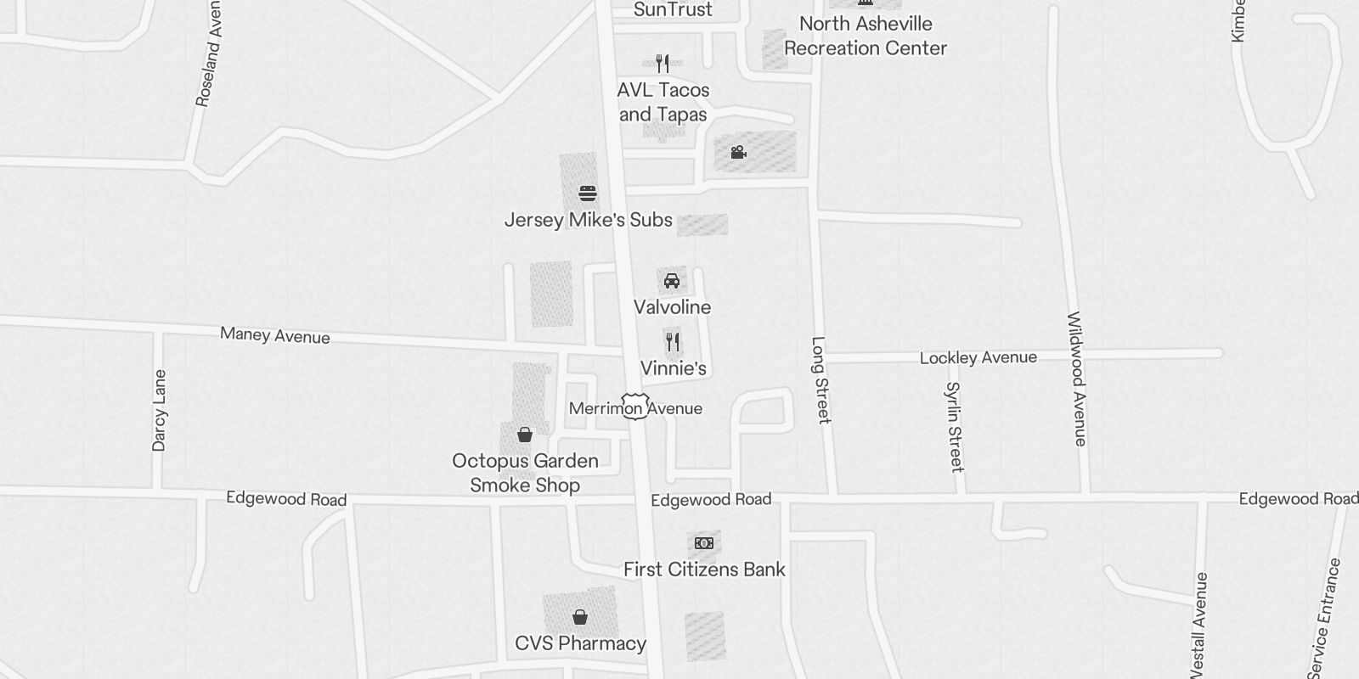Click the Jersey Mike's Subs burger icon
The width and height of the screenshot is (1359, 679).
pyautogui.click(x=587, y=194)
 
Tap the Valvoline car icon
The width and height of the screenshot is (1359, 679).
pyautogui.click(x=672, y=281)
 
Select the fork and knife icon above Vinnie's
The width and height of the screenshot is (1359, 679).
pyautogui.click(x=673, y=342)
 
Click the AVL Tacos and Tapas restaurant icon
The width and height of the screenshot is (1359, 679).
pyautogui.click(x=663, y=64)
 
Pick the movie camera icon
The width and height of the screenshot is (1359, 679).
pyautogui.click(x=738, y=153)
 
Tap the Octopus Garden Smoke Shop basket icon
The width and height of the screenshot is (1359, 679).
pyautogui.click(x=525, y=435)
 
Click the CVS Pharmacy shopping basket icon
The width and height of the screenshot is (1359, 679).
pyautogui.click(x=580, y=617)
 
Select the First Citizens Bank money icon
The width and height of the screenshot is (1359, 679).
pyautogui.click(x=704, y=543)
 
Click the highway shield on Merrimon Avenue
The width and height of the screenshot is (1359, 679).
pyautogui.click(x=635, y=406)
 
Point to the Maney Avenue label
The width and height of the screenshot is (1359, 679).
pyautogui.click(x=275, y=335)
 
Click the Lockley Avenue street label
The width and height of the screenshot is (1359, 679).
pyautogui.click(x=978, y=357)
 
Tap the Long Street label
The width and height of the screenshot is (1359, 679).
pyautogui.click(x=820, y=379)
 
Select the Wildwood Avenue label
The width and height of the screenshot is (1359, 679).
pyautogui.click(x=1076, y=379)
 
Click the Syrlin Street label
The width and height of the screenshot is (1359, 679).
pyautogui.click(x=955, y=426)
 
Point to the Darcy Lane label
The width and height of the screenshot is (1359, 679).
pyautogui.click(x=160, y=410)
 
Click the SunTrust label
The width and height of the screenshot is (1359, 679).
pyautogui.click(x=673, y=10)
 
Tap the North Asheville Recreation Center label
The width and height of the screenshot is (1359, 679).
pyautogui.click(x=865, y=36)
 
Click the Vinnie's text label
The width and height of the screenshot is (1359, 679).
pyautogui.click(x=674, y=368)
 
